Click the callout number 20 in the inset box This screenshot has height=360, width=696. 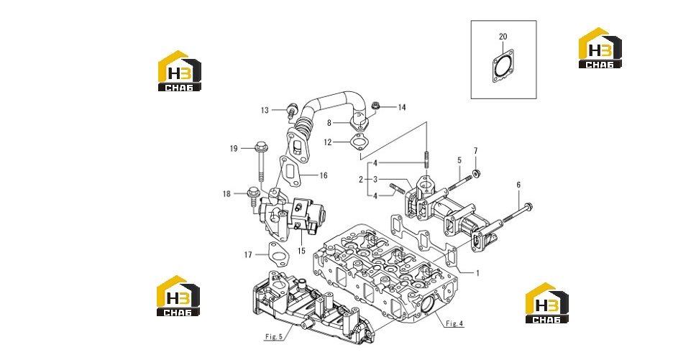[x=503, y=37]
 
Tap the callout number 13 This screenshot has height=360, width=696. [x=265, y=111]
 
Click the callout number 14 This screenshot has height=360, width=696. [x=401, y=107]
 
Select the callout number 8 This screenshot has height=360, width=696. [x=329, y=123]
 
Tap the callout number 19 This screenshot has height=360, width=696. [x=234, y=149]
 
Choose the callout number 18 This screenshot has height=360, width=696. [x=226, y=194]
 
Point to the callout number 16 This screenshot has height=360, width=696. [x=324, y=175]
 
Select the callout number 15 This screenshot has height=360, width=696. [x=301, y=251]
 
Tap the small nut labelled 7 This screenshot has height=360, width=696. [x=477, y=172]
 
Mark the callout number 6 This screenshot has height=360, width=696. [x=518, y=185]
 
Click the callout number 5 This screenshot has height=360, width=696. [x=459, y=160]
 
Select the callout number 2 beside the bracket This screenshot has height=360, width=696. [x=361, y=180]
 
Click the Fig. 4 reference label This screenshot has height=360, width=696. [x=454, y=323]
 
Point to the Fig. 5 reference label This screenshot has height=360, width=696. [x=274, y=336]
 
